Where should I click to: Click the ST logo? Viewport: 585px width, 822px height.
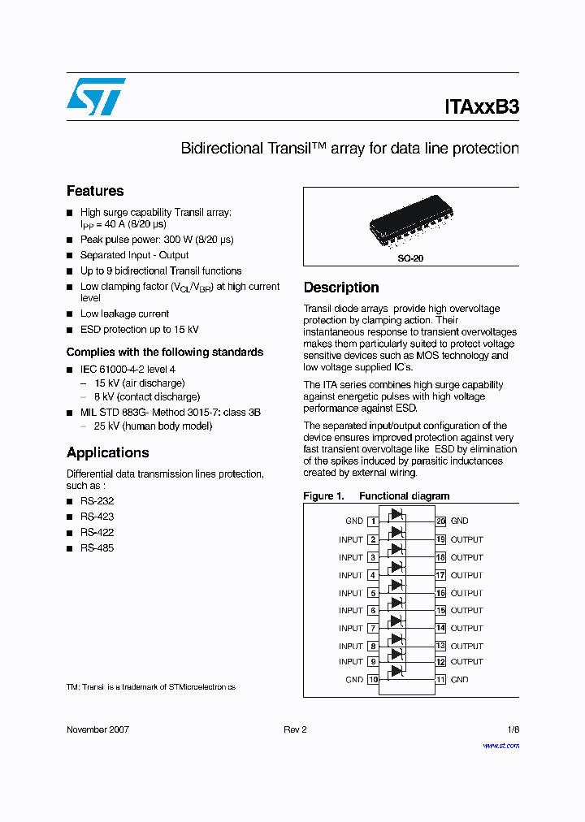tap(95, 97)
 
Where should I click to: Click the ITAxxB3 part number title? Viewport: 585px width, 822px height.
tap(481, 106)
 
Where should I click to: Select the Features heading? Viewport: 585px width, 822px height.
tap(95, 191)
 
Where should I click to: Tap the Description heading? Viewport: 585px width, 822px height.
tap(340, 288)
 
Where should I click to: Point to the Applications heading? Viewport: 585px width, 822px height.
tap(107, 452)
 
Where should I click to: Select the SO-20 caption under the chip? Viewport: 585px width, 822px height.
tap(410, 258)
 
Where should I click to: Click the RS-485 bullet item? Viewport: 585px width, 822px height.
tap(97, 548)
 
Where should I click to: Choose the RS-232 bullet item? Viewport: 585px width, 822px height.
tap(97, 501)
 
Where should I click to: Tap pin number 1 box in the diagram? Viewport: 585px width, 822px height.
tap(373, 521)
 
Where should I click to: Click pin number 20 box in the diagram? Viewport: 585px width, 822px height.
tap(440, 521)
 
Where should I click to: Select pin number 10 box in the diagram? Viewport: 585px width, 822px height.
tap(373, 680)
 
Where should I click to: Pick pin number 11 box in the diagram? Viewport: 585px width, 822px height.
tap(440, 680)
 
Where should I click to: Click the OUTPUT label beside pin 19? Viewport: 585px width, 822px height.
tap(466, 539)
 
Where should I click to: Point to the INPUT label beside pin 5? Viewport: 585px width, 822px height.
tap(351, 593)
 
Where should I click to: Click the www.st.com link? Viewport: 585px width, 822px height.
tap(500, 746)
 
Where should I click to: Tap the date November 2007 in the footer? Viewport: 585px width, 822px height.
tap(97, 729)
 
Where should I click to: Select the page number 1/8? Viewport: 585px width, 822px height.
tap(513, 729)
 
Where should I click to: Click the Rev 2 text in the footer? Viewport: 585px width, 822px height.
tap(295, 729)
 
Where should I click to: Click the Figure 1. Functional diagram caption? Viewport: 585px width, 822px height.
tap(375, 495)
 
